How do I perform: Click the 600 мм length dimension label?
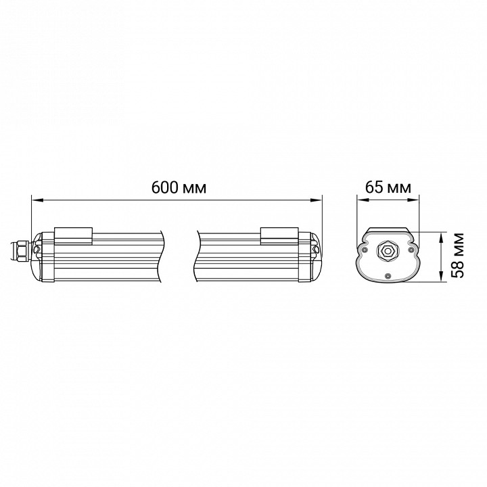pyautogui.click(x=179, y=187)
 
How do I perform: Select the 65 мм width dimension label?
pyautogui.click(x=388, y=187)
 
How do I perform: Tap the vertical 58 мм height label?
pyautogui.click(x=457, y=255)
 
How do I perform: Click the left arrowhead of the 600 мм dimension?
pyautogui.click(x=37, y=200)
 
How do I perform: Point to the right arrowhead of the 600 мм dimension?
pyautogui.click(x=316, y=200)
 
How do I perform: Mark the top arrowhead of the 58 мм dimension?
pyautogui.click(x=441, y=238)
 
